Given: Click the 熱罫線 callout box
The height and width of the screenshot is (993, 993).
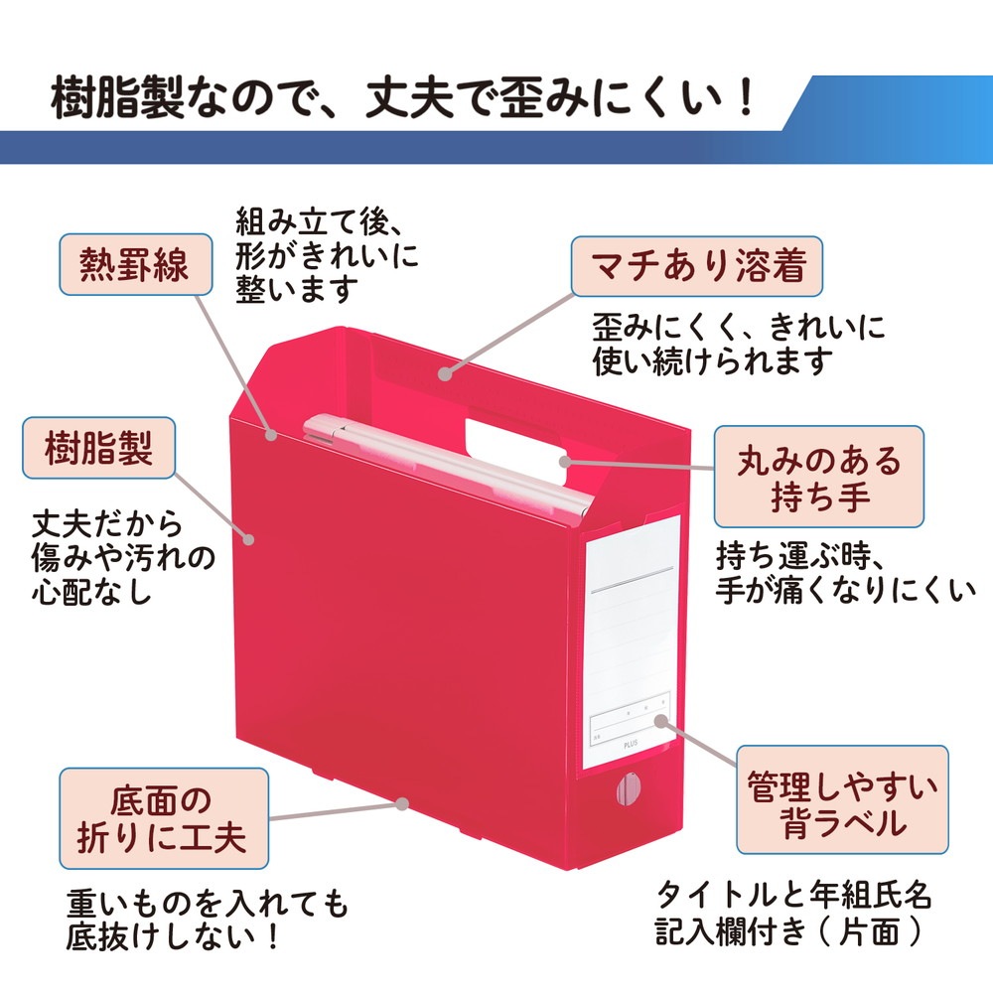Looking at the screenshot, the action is tap(135, 264).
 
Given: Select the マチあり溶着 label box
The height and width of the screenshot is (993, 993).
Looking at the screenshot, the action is tap(697, 266).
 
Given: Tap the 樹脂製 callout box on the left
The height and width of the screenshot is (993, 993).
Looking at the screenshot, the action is tap(98, 447).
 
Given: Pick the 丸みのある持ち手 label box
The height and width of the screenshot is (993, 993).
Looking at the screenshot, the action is tap(819, 477).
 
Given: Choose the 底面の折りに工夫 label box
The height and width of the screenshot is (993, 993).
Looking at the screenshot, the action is tap(164, 818).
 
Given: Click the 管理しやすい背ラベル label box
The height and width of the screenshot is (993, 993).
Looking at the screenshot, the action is tap(842, 799).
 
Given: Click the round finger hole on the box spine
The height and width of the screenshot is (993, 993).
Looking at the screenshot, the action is tap(629, 789).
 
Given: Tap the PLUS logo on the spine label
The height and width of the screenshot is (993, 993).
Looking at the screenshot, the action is tap(631, 744).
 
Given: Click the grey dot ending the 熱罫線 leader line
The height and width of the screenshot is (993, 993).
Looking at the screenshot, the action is tap(271, 435).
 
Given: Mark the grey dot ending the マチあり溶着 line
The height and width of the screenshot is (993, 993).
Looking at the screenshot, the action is tap(445, 373).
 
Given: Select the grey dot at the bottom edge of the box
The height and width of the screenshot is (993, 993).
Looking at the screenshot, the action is tap(402, 803).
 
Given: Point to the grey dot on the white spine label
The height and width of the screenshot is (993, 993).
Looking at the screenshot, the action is tap(661, 721).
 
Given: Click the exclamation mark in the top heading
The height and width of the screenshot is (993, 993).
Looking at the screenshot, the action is tap(748, 97).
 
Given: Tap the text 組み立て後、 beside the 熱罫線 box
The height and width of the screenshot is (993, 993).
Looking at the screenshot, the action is tap(320, 221).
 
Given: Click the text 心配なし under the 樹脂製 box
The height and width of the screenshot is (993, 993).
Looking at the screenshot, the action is tap(91, 590).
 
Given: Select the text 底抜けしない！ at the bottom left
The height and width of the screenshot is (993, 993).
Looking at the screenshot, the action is tap(172, 936).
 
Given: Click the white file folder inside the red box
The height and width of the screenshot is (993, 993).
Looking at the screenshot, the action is tap(447, 464).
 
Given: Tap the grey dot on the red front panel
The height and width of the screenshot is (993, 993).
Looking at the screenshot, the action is tap(249, 539).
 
